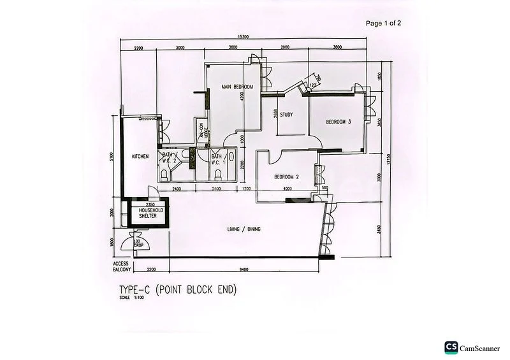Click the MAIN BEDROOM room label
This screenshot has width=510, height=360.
237,87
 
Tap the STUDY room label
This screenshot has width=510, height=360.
286,115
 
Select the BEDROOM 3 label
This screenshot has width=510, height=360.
339,122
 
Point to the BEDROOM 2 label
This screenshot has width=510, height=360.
287,176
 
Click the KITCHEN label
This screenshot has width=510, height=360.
140,156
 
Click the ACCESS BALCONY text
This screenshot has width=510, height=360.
122,267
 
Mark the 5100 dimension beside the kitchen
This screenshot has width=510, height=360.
111,155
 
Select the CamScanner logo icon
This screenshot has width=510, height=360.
451,347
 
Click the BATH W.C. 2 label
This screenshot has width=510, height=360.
168,157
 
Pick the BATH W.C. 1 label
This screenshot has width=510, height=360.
217,157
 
